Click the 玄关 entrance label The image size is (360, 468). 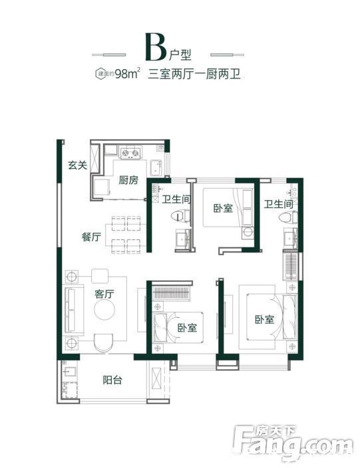coord(77,166)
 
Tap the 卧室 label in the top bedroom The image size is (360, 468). coord(223,209)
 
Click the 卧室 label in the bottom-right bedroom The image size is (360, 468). coord(264,319)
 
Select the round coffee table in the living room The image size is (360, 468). coord(106,310)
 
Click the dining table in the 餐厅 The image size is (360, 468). coord(126,232)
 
